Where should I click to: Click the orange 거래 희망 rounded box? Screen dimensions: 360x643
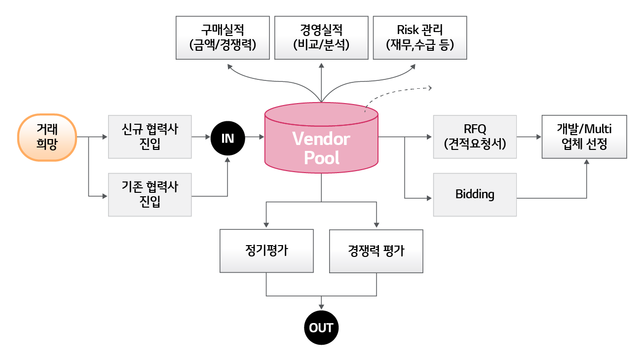[47, 137]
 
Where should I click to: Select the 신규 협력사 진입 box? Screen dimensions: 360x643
[150, 137]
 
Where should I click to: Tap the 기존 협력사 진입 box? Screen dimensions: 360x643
[150, 194]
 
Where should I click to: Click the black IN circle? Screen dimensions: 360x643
[227, 138]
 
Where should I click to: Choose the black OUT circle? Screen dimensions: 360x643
[321, 327]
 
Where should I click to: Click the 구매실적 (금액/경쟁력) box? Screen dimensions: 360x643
[223, 37]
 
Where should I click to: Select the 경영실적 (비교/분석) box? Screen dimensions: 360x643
[321, 37]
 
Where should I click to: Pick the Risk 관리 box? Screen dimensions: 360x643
[420, 37]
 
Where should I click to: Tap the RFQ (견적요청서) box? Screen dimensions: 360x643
[475, 137]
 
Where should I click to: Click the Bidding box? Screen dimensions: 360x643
[475, 194]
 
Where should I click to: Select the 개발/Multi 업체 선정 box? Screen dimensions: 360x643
[584, 137]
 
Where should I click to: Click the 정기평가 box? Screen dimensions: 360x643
[266, 251]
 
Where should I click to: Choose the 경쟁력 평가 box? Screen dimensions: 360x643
[376, 251]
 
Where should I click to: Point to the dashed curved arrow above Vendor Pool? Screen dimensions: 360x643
[397, 91]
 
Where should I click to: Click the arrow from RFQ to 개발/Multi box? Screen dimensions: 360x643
[529, 137]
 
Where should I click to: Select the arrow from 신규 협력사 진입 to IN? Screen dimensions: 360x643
[201, 137]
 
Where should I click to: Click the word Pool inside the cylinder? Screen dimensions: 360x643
[321, 157]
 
